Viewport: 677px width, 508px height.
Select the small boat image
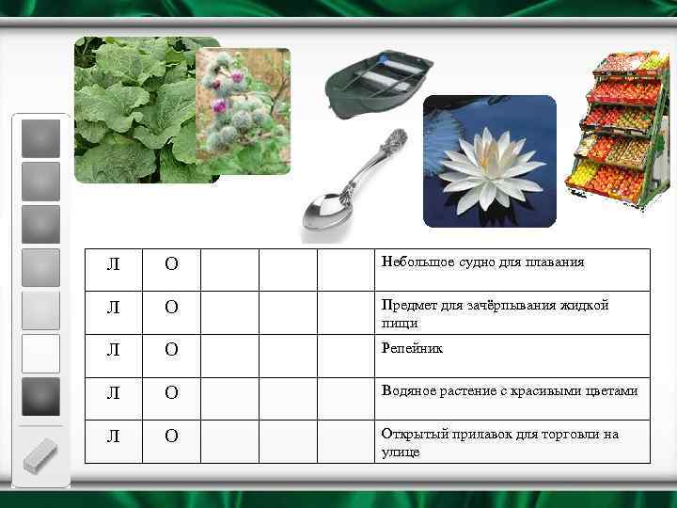pos(379,86)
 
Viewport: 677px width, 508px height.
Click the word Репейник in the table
pos(411,349)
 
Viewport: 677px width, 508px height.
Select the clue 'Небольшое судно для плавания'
pos(482,262)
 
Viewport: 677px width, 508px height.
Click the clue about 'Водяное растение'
pos(509,390)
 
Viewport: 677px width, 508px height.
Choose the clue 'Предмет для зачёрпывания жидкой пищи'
pos(495,313)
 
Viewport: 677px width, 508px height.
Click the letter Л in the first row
pos(114,263)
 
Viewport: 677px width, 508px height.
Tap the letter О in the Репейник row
pos(171,350)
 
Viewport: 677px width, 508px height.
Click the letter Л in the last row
pos(114,437)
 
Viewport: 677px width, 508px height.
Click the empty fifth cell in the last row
pos(344,442)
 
